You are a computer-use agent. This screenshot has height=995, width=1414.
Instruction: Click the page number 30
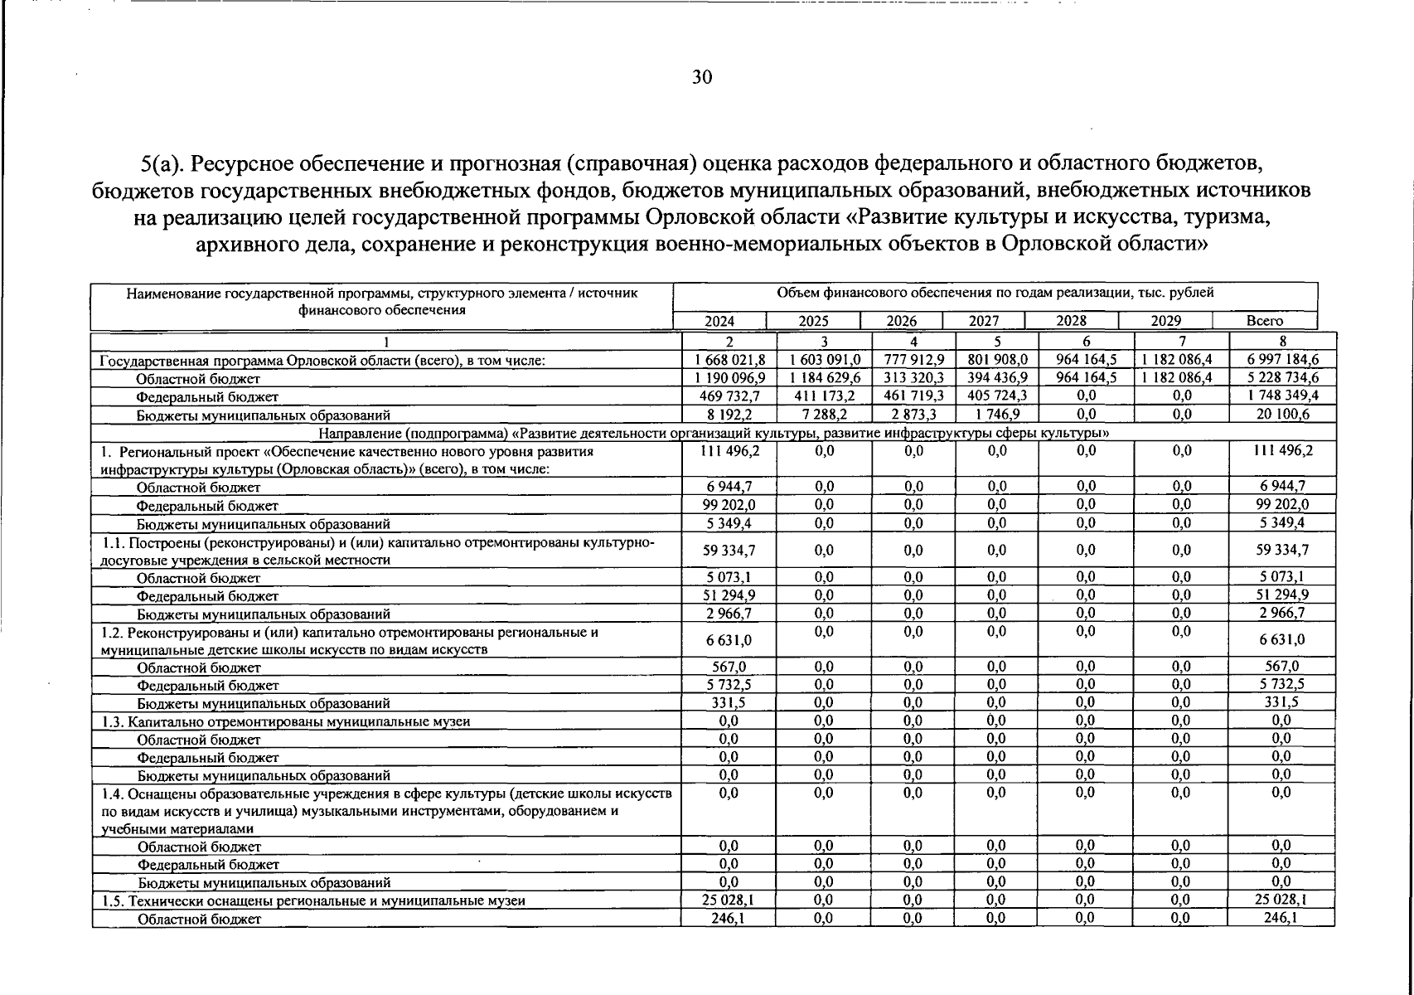(x=700, y=78)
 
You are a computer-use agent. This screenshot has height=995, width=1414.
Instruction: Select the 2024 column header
(x=719, y=321)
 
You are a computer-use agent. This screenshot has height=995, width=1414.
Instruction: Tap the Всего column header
(x=1264, y=321)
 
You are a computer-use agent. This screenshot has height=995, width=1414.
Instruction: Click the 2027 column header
(x=984, y=321)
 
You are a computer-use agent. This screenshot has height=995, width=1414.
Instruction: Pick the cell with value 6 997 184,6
(x=1281, y=359)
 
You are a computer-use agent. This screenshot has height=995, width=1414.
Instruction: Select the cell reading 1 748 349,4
(x=1281, y=396)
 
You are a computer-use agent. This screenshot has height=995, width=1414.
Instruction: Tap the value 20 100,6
(x=1281, y=414)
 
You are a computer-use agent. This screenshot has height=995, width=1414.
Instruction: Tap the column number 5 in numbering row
(x=997, y=341)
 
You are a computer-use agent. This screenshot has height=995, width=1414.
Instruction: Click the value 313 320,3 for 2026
(x=913, y=377)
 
